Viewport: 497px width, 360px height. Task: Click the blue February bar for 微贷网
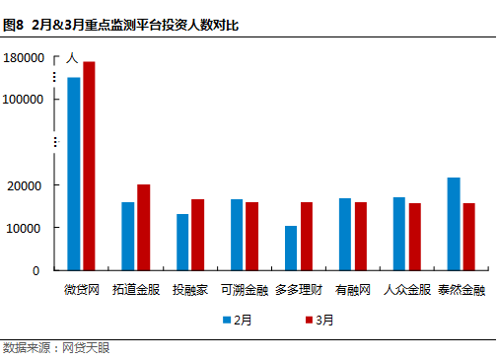coord(74,173)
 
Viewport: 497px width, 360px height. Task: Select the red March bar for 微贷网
coord(89,165)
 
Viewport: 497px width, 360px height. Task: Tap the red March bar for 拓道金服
coord(143,227)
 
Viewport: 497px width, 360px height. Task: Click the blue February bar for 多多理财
coord(291,248)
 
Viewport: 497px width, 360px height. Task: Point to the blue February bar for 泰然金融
coord(454,223)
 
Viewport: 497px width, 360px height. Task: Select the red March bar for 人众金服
coord(415,236)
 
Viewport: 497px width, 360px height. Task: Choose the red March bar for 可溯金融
coord(251,236)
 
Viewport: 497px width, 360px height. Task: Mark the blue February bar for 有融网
coord(345,234)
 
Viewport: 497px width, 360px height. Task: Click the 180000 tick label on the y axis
coord(23,58)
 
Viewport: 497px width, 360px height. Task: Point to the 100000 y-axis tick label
coord(23,100)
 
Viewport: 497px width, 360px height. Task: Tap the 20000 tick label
coord(27,185)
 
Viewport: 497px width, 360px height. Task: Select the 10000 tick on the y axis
coord(27,228)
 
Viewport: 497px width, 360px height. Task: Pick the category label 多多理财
coord(299,290)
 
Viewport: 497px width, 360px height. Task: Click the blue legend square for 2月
coord(226,320)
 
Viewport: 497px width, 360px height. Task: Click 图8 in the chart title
coord(14,24)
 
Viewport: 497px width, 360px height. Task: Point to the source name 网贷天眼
coord(86,348)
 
